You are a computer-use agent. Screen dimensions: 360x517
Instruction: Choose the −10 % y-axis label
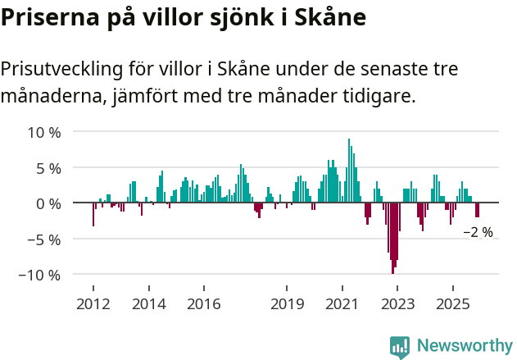click(39, 275)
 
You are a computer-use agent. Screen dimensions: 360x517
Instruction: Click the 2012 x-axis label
click(93, 304)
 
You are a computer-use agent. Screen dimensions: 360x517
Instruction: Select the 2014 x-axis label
click(148, 304)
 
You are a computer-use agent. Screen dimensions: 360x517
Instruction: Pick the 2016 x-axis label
click(204, 304)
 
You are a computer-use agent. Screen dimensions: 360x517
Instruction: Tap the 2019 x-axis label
click(287, 304)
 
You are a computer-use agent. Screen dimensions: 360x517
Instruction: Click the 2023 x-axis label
click(397, 304)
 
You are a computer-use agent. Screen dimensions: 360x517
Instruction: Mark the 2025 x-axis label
click(453, 304)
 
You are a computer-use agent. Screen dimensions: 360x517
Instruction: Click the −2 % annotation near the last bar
click(478, 232)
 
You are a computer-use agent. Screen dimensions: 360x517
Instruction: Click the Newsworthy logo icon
click(400, 347)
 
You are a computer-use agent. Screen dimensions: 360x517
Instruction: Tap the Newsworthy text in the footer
click(465, 346)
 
